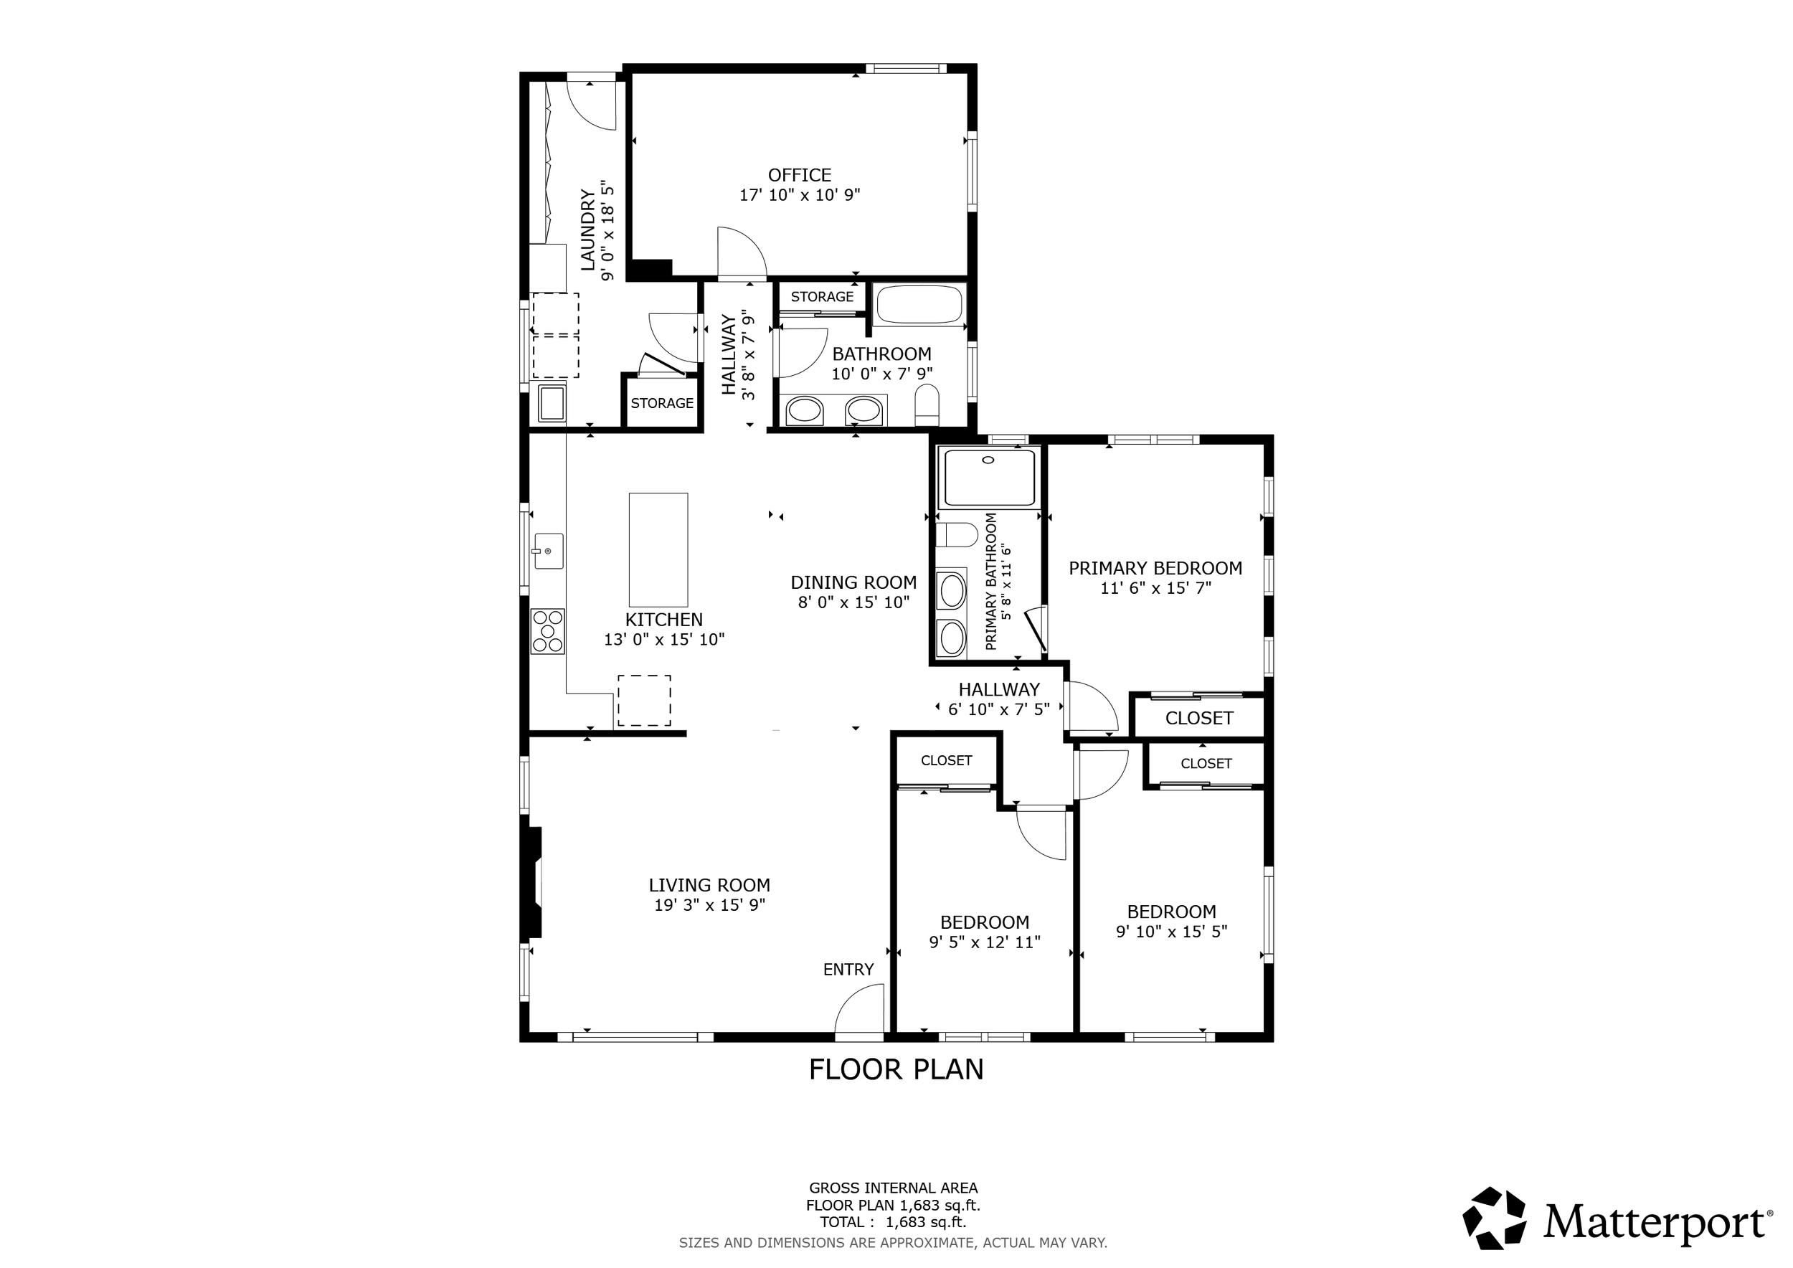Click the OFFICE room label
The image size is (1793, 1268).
coord(799,175)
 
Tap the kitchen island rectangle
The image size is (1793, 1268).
coord(658,549)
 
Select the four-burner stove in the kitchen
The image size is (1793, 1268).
coord(547,631)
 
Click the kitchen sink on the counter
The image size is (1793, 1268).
coord(548,552)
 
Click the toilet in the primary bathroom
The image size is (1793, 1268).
coord(957,536)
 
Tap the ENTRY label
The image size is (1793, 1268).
coord(848,969)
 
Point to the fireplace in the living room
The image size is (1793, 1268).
coord(533,882)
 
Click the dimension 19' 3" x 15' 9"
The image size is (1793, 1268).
coord(709,905)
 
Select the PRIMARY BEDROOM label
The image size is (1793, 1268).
coord(1155,569)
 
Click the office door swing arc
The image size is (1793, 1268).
coord(742,252)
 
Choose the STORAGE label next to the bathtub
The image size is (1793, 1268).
coord(821,297)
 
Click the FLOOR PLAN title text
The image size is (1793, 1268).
coord(896,1069)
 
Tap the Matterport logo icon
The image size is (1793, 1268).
coord(1493,1220)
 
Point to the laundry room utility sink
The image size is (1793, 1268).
coord(552,403)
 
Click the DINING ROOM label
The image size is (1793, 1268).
coord(853,582)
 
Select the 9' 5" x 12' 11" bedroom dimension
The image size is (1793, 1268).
coord(984,942)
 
